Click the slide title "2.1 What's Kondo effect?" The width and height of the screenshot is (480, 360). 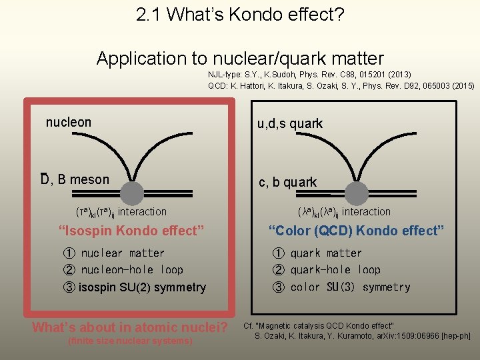pyautogui.click(x=240, y=15)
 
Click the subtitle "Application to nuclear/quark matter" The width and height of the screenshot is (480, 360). pyautogui.click(x=240, y=58)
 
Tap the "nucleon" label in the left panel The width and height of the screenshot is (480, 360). pyautogui.click(x=69, y=122)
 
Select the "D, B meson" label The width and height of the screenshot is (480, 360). pyautogui.click(x=75, y=179)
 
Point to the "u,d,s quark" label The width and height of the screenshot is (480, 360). pyautogui.click(x=290, y=123)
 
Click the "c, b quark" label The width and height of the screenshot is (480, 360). pyautogui.click(x=288, y=182)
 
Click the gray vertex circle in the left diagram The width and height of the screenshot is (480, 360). pyautogui.click(x=133, y=194)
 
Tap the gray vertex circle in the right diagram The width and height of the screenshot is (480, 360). pyautogui.click(x=357, y=194)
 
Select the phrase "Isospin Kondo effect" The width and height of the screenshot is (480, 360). pyautogui.click(x=131, y=231)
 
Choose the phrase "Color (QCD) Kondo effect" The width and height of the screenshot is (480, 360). pyautogui.click(x=356, y=231)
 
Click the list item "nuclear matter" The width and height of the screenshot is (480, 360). pyautogui.click(x=123, y=253)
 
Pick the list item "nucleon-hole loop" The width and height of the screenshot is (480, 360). pyautogui.click(x=132, y=270)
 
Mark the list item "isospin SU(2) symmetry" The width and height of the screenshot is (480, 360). pyautogui.click(x=142, y=287)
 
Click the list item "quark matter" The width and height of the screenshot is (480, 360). pyautogui.click(x=326, y=253)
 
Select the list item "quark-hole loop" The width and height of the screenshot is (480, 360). pyautogui.click(x=335, y=270)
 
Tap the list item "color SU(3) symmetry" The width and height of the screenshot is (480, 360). pyautogui.click(x=350, y=287)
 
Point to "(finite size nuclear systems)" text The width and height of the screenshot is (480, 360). pyautogui.click(x=130, y=341)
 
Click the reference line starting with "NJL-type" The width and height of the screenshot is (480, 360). pyautogui.click(x=309, y=75)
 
